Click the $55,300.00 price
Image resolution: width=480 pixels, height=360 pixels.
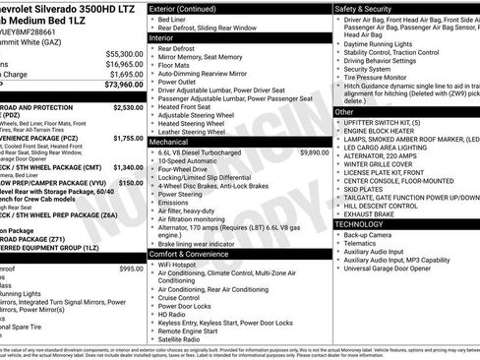tap(123, 53)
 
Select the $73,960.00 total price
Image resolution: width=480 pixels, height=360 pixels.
tap(123, 85)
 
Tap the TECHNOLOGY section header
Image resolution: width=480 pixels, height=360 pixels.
tap(360, 223)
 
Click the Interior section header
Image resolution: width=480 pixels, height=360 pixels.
tap(165, 36)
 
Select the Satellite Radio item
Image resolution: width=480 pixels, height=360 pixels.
tap(187, 340)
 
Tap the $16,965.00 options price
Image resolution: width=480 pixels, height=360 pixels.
tap(123, 64)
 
